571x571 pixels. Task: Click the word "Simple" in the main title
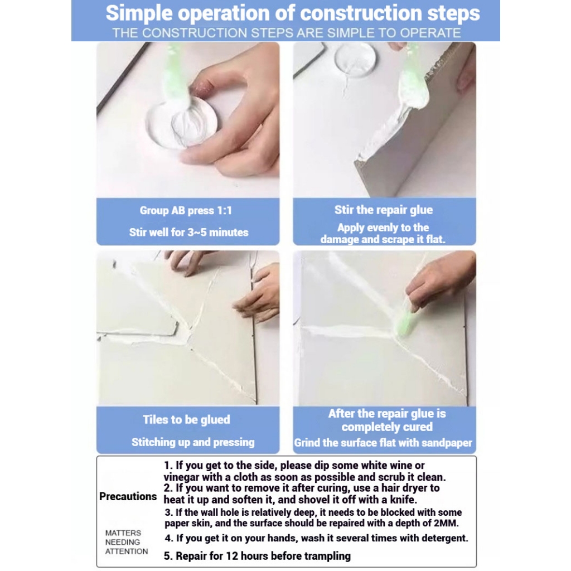(x=139, y=14)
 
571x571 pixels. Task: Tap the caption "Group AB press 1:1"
(x=186, y=210)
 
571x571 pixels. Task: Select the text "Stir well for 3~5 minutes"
(x=188, y=233)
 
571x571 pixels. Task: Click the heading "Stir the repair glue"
(x=384, y=210)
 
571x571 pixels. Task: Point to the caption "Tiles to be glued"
(x=186, y=419)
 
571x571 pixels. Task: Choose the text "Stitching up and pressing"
(x=193, y=442)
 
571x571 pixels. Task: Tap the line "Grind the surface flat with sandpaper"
(x=383, y=443)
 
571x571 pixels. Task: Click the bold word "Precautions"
(x=128, y=496)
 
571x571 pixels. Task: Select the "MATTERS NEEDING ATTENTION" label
(x=127, y=542)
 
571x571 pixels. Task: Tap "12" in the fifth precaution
(x=232, y=556)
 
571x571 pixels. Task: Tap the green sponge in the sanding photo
(x=407, y=324)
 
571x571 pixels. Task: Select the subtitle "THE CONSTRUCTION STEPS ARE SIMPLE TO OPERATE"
(x=287, y=33)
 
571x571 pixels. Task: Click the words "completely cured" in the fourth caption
(x=387, y=427)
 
